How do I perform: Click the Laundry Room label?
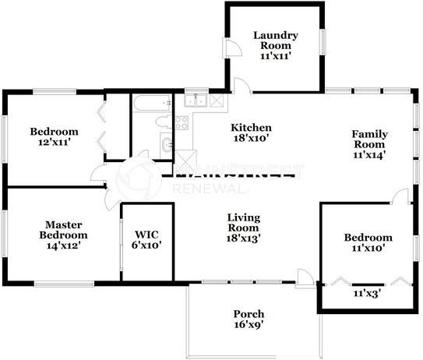click(276, 41)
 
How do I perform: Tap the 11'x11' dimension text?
click(276, 56)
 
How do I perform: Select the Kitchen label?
click(251, 127)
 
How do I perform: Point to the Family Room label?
click(369, 139)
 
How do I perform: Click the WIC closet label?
click(146, 235)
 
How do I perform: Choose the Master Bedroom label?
click(64, 230)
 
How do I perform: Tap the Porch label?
click(249, 314)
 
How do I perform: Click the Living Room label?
click(244, 222)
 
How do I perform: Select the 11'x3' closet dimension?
click(367, 293)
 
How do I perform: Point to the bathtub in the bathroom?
click(153, 103)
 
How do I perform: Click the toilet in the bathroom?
click(164, 122)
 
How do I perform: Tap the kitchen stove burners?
click(182, 123)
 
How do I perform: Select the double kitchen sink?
click(196, 101)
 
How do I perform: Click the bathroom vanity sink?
click(167, 145)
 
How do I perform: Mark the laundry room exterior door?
click(231, 48)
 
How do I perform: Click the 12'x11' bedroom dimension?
click(55, 143)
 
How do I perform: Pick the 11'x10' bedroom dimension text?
click(368, 248)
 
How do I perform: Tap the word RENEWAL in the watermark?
click(210, 189)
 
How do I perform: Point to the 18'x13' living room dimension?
click(243, 238)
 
